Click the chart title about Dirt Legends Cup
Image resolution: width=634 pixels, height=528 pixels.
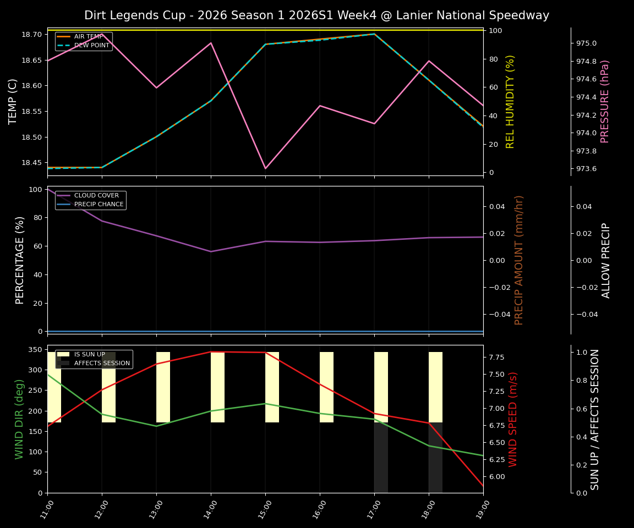coord(316,15)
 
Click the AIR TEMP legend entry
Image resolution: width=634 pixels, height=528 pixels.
coord(88,36)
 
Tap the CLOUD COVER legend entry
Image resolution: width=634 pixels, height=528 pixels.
coord(96,195)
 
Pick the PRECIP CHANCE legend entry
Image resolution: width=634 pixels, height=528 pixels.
coord(98,205)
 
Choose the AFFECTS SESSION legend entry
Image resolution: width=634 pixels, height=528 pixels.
coord(102,364)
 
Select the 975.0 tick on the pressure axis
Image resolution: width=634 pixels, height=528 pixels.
coord(586,43)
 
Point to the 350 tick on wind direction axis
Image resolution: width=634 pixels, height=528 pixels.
coord(35,349)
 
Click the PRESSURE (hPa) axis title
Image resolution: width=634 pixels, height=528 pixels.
coord(605,101)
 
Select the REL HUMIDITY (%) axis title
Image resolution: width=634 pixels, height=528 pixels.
coord(510,101)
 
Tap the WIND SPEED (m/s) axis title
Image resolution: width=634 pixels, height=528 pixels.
coord(513,419)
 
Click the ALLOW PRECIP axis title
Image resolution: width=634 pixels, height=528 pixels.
coord(606,260)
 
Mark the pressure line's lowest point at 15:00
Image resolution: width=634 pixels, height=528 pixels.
coord(265,168)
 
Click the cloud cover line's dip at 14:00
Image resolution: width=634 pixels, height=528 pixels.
coord(211,251)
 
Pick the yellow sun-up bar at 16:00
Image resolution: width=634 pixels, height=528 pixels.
coord(326,387)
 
